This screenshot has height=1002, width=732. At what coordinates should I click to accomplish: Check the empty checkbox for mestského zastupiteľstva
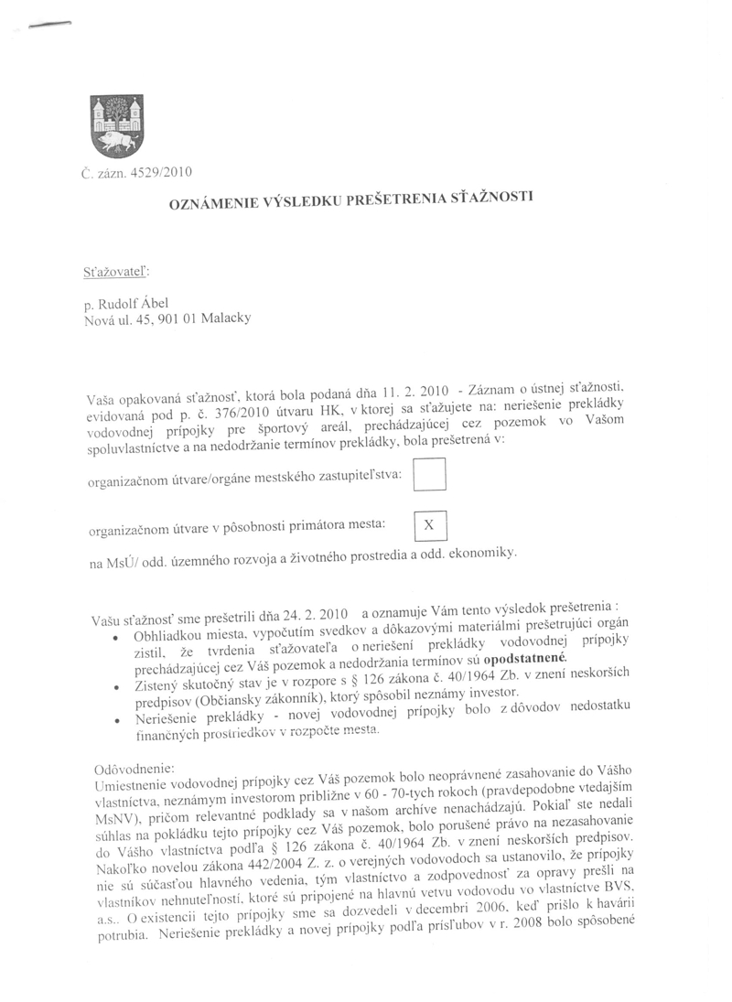click(x=430, y=474)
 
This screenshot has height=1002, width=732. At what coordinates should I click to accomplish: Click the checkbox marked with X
click(x=430, y=524)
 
